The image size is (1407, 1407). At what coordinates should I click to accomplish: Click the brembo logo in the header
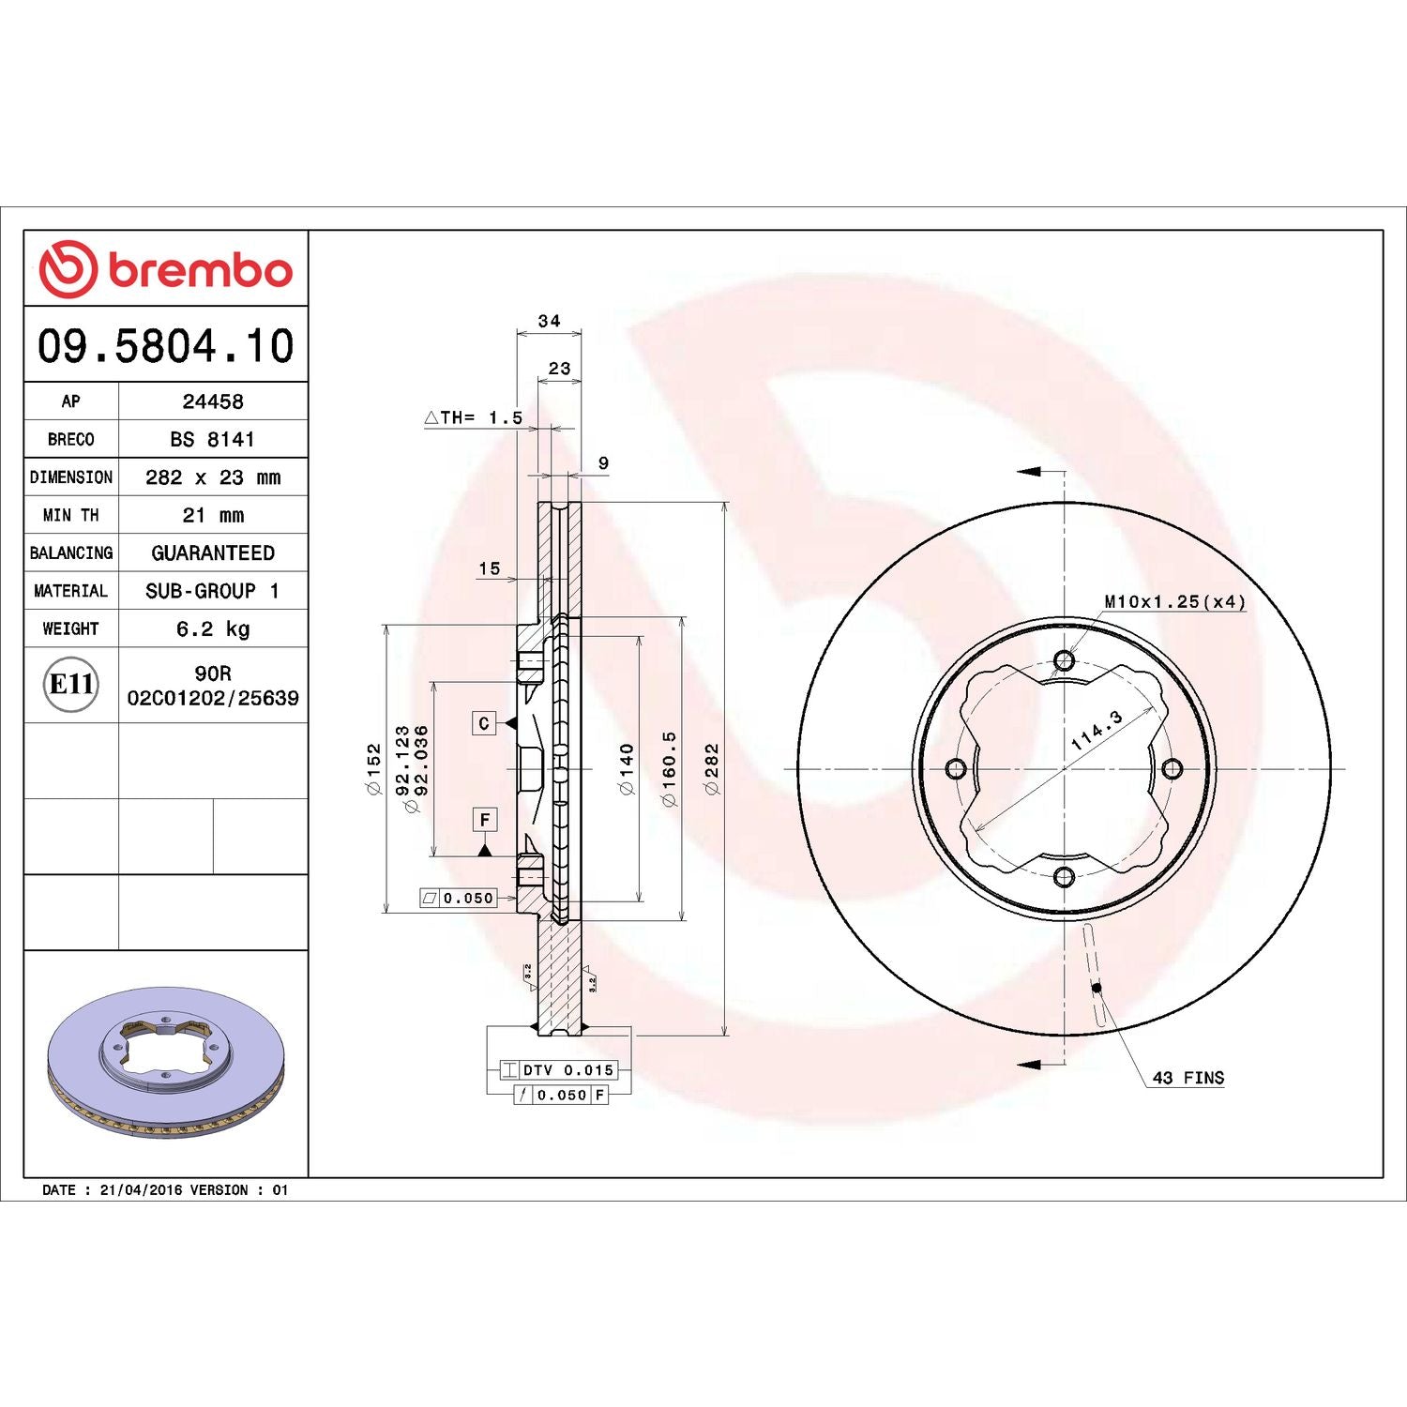166,269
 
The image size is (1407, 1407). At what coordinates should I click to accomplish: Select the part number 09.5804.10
166,345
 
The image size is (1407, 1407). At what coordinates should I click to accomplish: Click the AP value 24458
213,401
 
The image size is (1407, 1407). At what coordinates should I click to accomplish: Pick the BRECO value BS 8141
213,439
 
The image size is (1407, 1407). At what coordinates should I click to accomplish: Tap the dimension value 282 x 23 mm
213,477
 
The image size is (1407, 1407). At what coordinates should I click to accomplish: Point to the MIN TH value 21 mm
213,515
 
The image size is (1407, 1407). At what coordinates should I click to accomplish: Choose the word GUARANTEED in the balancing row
213,553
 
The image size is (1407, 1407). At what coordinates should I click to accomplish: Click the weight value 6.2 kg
213,628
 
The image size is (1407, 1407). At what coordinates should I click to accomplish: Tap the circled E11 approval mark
71,684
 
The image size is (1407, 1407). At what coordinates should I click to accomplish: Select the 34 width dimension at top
549,321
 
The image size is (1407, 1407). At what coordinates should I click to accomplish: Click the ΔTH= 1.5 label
474,417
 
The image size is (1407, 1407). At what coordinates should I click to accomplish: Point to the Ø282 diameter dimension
712,769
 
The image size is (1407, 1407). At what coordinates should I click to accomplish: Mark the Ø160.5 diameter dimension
669,769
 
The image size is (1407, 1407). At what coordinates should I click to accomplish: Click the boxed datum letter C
484,723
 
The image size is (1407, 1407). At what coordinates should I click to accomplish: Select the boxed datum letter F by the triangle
485,820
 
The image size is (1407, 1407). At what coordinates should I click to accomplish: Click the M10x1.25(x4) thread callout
1174,601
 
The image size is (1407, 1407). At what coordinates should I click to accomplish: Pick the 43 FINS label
1188,1078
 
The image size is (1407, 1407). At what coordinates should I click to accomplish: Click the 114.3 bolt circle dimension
1097,730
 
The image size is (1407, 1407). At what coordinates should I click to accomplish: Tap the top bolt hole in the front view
1064,660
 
